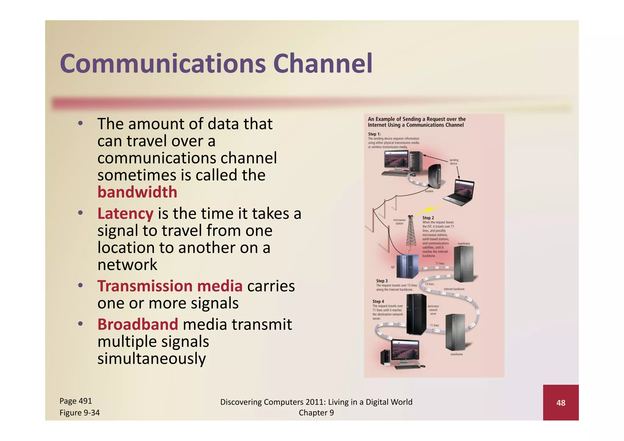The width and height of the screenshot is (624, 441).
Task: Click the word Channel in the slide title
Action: pyautogui.click(x=323, y=64)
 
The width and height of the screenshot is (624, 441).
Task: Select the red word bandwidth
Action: pyautogui.click(x=137, y=192)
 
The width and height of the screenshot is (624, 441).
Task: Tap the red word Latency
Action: pyautogui.click(x=125, y=213)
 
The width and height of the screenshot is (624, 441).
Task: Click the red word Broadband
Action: pyautogui.click(x=138, y=324)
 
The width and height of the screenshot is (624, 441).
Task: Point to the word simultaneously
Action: pyautogui.click(x=151, y=358)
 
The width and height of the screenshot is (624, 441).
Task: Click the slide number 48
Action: pyautogui.click(x=561, y=403)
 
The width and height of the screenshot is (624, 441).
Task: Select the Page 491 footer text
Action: pyautogui.click(x=76, y=401)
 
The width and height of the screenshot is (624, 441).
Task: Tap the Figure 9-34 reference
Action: pyautogui.click(x=80, y=413)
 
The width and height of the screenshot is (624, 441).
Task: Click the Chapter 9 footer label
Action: pyautogui.click(x=316, y=413)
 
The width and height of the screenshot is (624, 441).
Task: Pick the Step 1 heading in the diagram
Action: pyautogui.click(x=374, y=134)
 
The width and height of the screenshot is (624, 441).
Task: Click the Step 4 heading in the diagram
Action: pyautogui.click(x=378, y=301)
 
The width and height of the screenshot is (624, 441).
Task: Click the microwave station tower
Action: pyautogui.click(x=411, y=231)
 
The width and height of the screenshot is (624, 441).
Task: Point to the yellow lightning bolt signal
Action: pyautogui.click(x=430, y=209)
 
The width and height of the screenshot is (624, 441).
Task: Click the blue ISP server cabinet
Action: pyautogui.click(x=406, y=266)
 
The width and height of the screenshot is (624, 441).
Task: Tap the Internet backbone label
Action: pyautogui.click(x=454, y=289)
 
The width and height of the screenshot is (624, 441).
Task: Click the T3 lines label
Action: pyautogui.click(x=429, y=284)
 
